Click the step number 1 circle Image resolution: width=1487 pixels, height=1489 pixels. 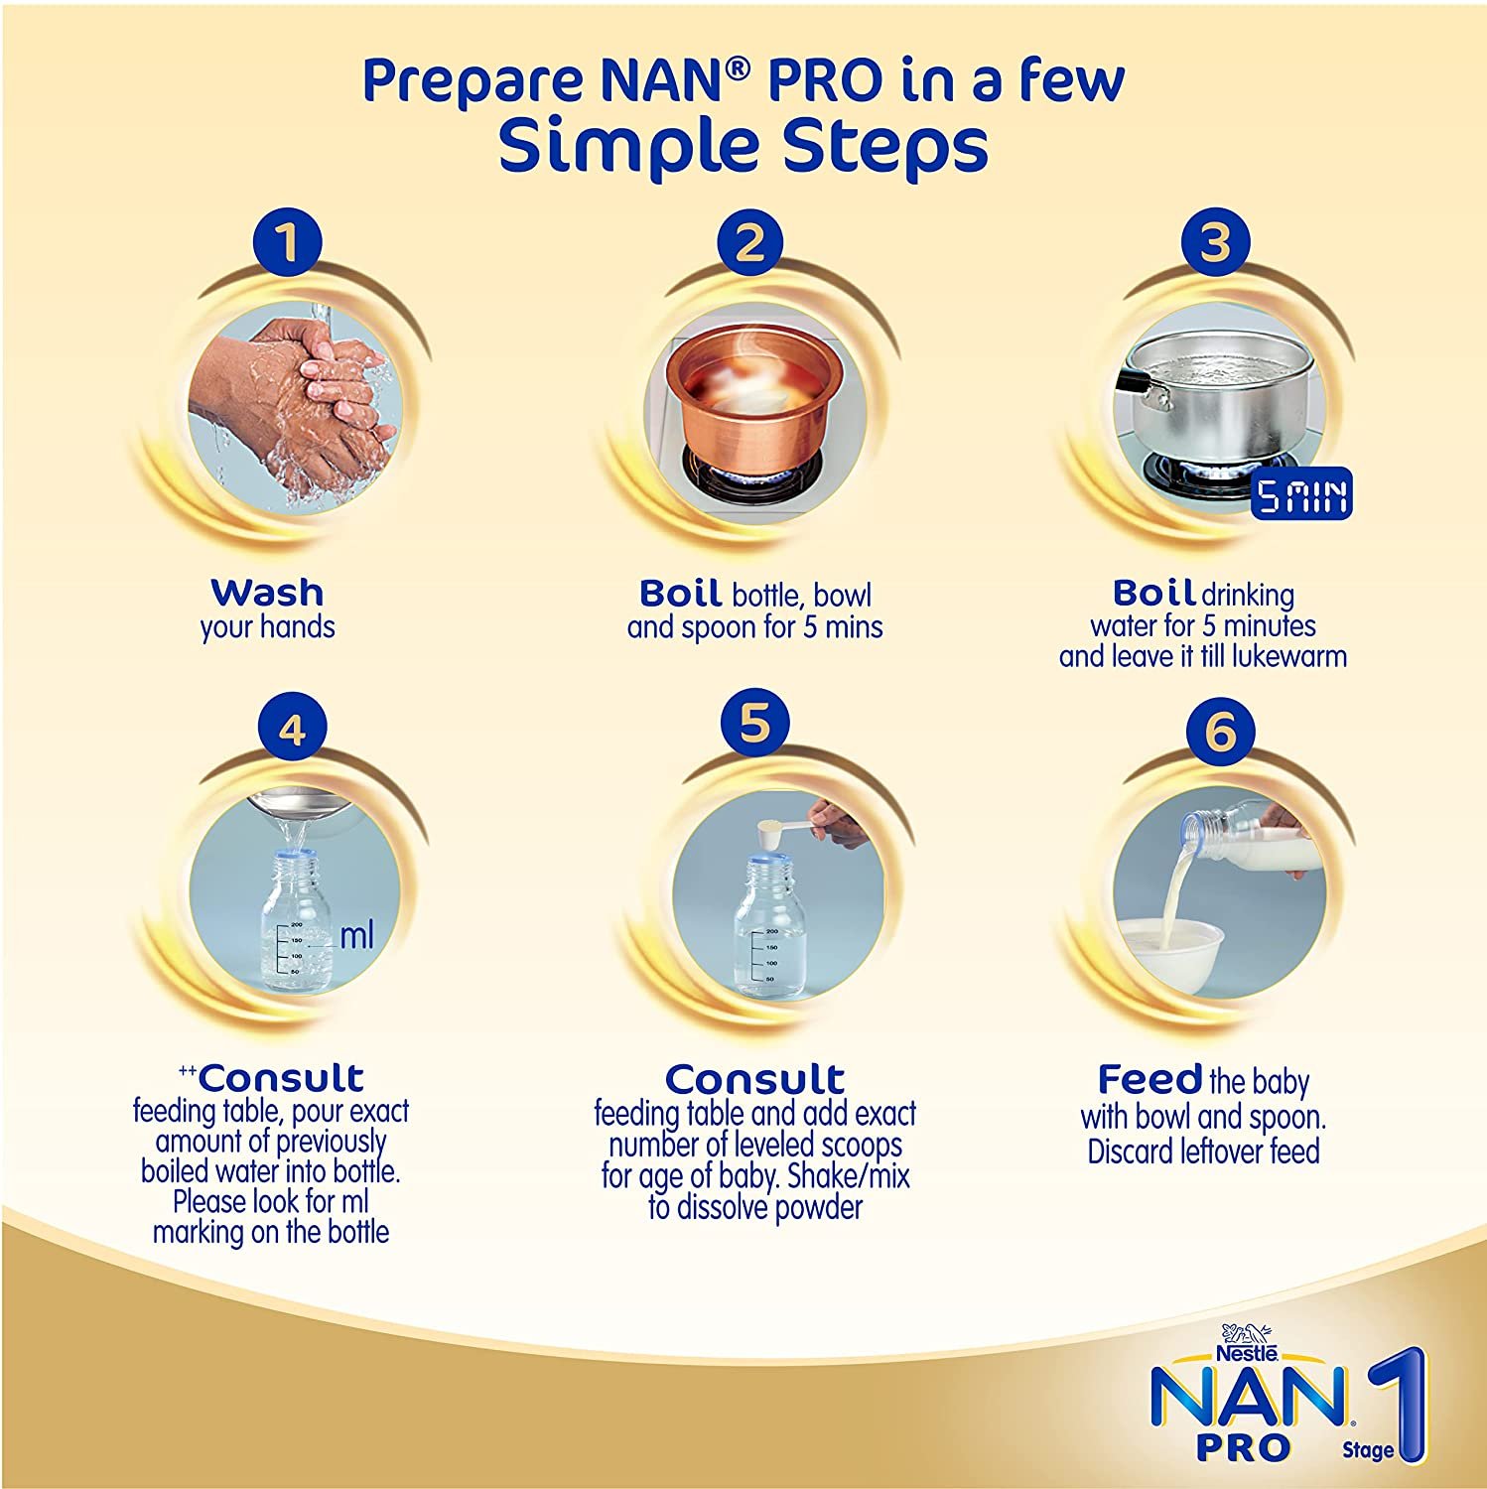(288, 244)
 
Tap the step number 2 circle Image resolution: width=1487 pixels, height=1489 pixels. (750, 244)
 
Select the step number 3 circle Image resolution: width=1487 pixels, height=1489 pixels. (1215, 244)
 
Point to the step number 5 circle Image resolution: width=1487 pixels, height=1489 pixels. (754, 724)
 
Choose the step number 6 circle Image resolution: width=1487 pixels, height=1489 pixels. (1219, 733)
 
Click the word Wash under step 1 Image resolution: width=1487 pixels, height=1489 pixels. (267, 593)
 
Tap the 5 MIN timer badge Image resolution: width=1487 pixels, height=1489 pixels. (1301, 497)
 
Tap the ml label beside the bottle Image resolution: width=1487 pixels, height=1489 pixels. (356, 935)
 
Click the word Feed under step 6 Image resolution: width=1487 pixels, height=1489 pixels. (1149, 1079)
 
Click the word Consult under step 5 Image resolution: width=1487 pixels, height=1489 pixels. (754, 1079)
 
